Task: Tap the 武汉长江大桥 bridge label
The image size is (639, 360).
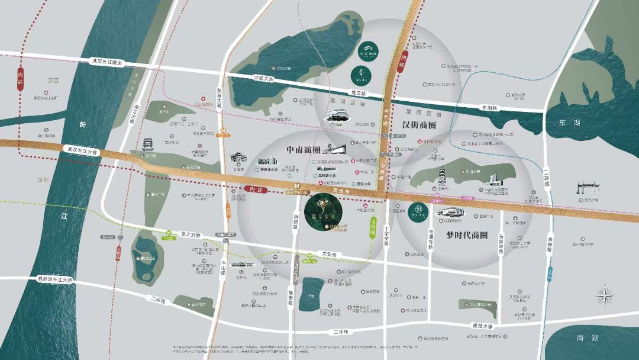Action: click(x=85, y=151)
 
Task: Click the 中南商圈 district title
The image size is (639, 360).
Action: click(x=304, y=149)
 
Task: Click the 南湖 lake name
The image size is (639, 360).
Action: click(x=587, y=337)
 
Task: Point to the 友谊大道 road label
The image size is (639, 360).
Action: click(x=220, y=98)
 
